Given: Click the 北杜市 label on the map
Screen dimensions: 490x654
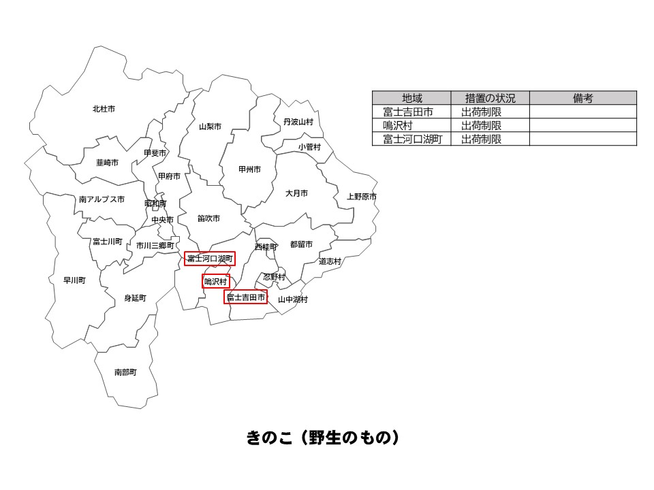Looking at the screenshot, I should pyautogui.click(x=104, y=109).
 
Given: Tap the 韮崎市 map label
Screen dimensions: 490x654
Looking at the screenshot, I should pyautogui.click(x=108, y=163).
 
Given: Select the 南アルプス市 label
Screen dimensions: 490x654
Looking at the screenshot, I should pyautogui.click(x=102, y=199).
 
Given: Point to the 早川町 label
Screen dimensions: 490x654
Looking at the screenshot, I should pyautogui.click(x=74, y=280).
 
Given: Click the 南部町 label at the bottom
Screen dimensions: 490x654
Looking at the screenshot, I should pyautogui.click(x=125, y=372).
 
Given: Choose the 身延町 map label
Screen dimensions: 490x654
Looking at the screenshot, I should pyautogui.click(x=135, y=298).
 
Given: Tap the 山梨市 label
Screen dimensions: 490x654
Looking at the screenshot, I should pyautogui.click(x=210, y=127).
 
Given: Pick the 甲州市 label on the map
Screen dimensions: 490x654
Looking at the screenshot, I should pyautogui.click(x=249, y=169).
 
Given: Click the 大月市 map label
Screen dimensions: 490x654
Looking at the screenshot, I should pyautogui.click(x=296, y=193).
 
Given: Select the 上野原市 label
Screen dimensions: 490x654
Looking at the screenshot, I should pyautogui.click(x=362, y=197).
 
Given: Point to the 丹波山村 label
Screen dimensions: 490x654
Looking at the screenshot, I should pyautogui.click(x=298, y=122).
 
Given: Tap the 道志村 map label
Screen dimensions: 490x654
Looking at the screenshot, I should pyautogui.click(x=330, y=261).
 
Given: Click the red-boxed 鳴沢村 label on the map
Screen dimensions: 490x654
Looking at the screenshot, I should pyautogui.click(x=215, y=281).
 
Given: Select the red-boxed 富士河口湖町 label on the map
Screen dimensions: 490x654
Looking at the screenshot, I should pyautogui.click(x=210, y=259).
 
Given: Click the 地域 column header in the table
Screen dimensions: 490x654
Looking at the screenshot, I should pyautogui.click(x=411, y=98).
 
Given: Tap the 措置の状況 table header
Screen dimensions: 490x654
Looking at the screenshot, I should pyautogui.click(x=490, y=98).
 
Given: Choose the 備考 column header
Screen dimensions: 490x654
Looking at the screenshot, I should pyautogui.click(x=582, y=98).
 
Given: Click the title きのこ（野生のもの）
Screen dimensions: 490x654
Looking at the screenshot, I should pyautogui.click(x=322, y=438).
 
